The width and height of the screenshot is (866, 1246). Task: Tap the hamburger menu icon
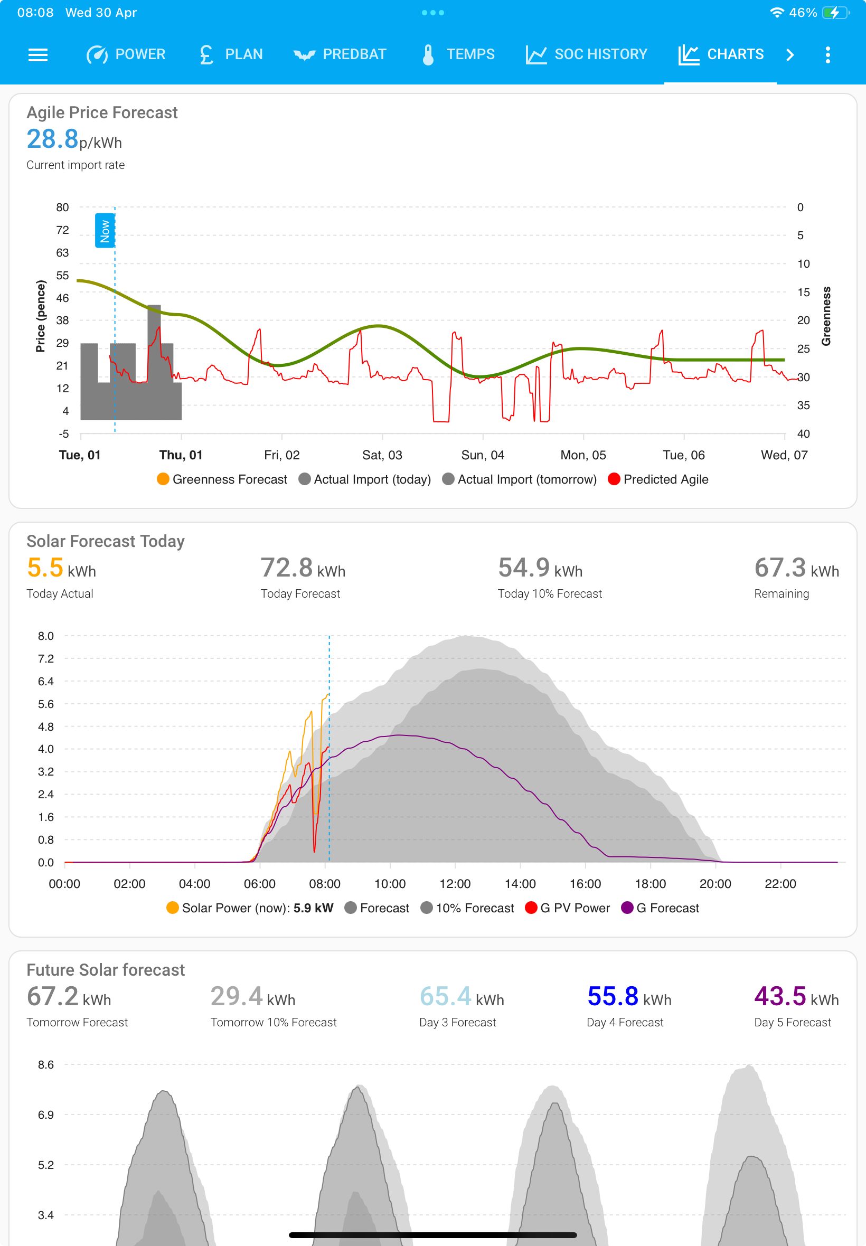(38, 55)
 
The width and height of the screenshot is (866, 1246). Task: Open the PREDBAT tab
(340, 54)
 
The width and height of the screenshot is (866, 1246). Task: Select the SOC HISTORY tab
(586, 54)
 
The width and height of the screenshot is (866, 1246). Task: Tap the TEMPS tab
(458, 54)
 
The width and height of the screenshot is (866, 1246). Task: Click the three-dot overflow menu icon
(827, 55)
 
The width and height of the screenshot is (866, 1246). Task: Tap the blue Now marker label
(105, 231)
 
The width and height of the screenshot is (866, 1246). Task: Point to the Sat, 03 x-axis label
(382, 455)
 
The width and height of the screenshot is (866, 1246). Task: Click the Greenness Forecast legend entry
(222, 479)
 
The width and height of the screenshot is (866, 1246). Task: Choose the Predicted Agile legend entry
(658, 479)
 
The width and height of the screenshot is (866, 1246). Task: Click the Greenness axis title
(826, 316)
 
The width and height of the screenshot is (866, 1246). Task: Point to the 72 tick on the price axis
(62, 230)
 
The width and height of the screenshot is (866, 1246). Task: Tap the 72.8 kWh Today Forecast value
(303, 568)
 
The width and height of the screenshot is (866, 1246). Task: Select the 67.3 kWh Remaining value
(796, 568)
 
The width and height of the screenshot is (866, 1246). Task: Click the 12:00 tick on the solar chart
(455, 884)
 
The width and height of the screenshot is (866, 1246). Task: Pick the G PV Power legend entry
(568, 908)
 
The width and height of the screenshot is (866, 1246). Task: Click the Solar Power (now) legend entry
(250, 908)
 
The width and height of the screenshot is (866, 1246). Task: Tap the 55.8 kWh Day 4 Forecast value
(629, 996)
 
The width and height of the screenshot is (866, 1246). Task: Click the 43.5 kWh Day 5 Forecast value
(796, 996)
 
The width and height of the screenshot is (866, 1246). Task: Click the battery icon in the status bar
(835, 13)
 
